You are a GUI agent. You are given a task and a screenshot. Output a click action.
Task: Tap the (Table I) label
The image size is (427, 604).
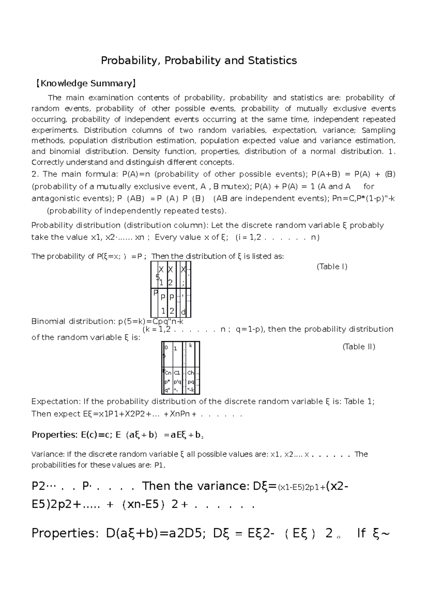[x=332, y=266]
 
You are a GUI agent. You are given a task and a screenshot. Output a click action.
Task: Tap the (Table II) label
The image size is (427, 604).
[x=359, y=346]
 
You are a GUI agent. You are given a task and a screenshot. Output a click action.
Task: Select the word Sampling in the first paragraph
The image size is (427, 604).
[x=378, y=130]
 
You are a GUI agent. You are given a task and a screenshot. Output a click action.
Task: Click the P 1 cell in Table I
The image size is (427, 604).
[x=163, y=303]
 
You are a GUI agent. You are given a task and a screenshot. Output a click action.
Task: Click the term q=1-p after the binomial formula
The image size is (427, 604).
[x=249, y=329]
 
